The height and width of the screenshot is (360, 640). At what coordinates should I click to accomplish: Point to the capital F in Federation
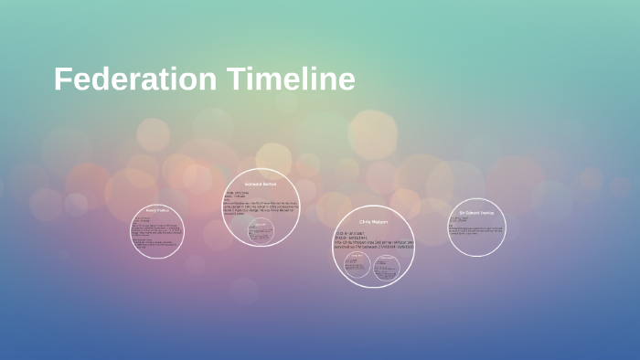click(x=62, y=79)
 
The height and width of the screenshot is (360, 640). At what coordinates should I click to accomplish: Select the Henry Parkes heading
click(x=157, y=210)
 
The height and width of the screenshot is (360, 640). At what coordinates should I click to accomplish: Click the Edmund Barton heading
click(x=261, y=185)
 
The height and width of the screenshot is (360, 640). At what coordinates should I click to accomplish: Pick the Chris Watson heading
click(x=374, y=221)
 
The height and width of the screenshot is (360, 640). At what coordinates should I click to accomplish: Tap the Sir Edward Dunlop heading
click(x=476, y=212)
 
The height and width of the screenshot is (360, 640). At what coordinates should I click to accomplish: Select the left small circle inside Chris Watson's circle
click(x=357, y=265)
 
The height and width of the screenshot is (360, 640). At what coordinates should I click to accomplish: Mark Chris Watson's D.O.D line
click(x=357, y=238)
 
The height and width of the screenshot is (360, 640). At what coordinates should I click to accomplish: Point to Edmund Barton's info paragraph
click(x=262, y=206)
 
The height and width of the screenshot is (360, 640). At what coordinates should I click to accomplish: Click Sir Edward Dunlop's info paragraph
click(x=476, y=228)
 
